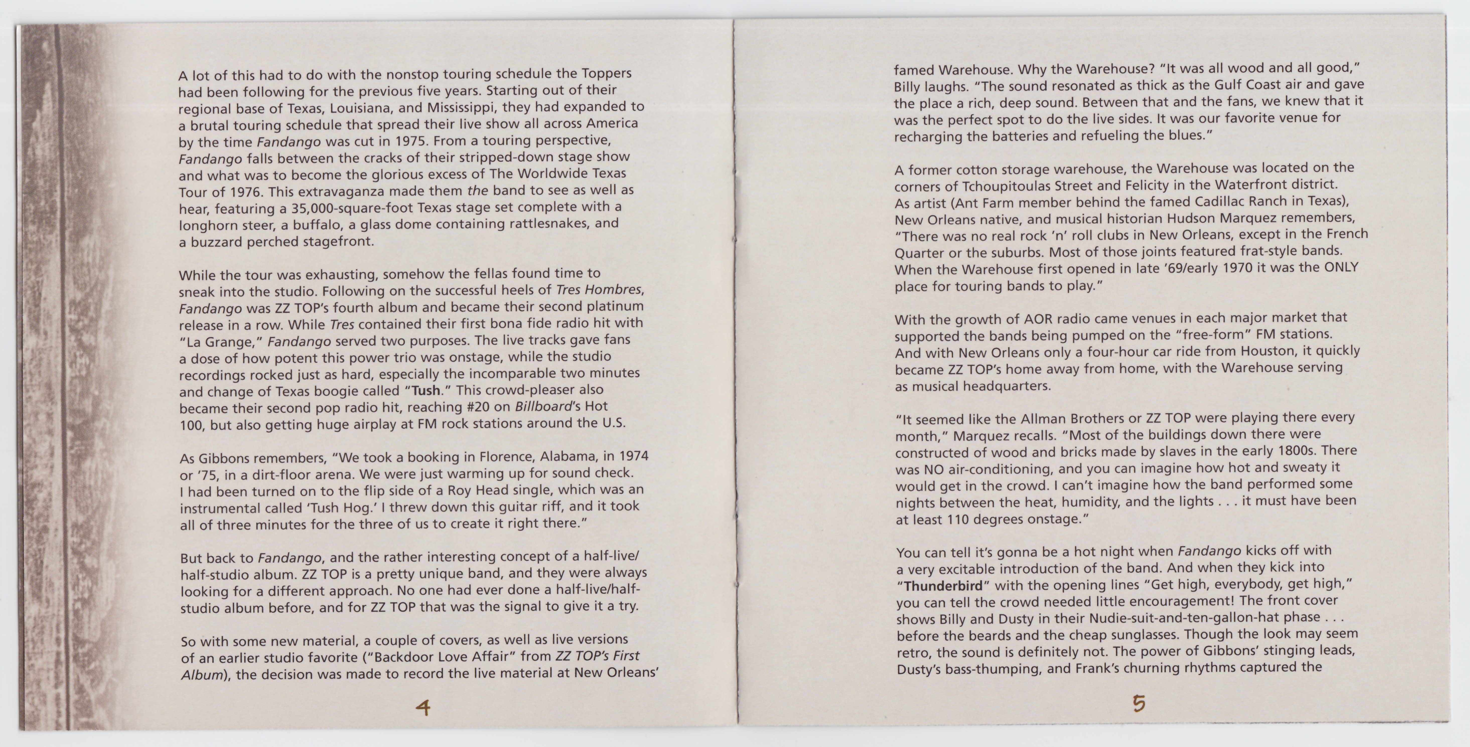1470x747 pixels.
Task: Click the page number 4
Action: tap(423, 708)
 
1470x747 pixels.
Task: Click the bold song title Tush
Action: tap(426, 391)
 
